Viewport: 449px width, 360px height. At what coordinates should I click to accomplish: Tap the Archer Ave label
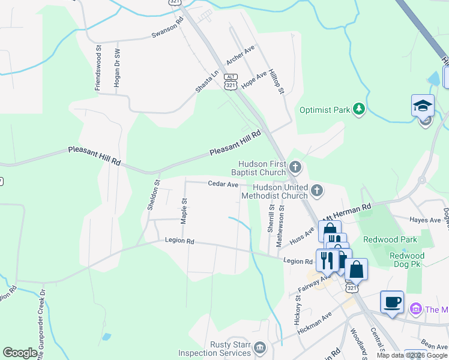pyautogui.click(x=241, y=55)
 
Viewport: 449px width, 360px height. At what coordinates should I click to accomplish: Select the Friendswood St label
pyautogui.click(x=98, y=67)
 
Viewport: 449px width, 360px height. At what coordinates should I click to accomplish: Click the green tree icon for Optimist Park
pyautogui.click(x=358, y=109)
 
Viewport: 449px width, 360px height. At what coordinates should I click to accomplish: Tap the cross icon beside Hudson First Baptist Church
pyautogui.click(x=295, y=166)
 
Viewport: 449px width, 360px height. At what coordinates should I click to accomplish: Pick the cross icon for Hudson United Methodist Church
pyautogui.click(x=317, y=191)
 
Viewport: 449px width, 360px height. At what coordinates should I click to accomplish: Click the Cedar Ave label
pyautogui.click(x=223, y=184)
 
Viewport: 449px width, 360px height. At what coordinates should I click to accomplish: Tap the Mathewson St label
pyautogui.click(x=280, y=226)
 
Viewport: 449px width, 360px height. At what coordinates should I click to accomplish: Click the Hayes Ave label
pyautogui.click(x=424, y=220)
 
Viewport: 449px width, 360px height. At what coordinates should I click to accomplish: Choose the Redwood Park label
pyautogui.click(x=394, y=239)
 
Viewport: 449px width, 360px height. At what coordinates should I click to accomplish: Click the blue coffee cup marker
pyautogui.click(x=392, y=302)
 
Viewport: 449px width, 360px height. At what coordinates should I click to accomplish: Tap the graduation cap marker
pyautogui.click(x=423, y=105)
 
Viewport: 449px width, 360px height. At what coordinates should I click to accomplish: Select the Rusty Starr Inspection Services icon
pyautogui.click(x=259, y=348)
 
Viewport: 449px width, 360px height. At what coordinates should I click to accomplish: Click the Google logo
pyautogui.click(x=20, y=353)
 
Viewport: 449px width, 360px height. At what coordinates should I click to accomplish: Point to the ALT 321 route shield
pyautogui.click(x=231, y=82)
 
